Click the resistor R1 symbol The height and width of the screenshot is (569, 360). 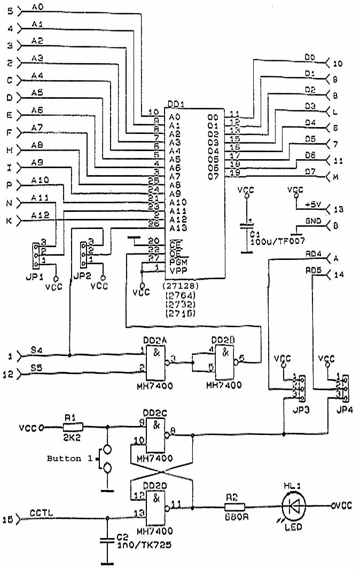point(73,426)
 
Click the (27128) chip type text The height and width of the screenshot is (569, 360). point(178,286)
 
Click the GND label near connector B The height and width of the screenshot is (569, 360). point(313,220)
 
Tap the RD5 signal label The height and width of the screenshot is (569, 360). point(313,270)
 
